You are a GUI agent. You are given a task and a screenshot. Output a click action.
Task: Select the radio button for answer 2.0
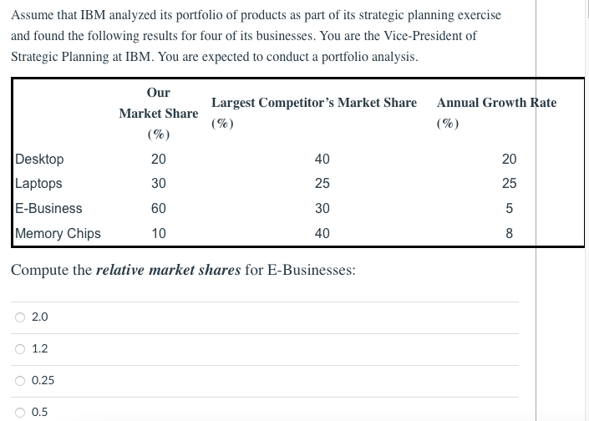[19, 317]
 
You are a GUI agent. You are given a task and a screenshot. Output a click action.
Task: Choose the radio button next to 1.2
[19, 348]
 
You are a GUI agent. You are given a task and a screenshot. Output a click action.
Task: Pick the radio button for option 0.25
[19, 380]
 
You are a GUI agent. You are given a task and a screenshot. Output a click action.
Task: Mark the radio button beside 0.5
[19, 412]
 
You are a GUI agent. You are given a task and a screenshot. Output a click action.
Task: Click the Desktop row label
[39, 159]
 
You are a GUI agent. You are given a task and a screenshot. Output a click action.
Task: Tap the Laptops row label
[38, 183]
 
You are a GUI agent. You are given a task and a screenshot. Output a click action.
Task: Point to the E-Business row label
[48, 208]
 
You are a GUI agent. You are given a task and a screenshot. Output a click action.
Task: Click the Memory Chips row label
[58, 233]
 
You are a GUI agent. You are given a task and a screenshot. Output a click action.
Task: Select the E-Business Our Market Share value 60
[158, 208]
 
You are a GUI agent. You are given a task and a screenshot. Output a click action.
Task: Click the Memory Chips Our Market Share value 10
[158, 233]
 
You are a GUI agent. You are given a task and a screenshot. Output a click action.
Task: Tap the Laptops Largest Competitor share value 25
[322, 183]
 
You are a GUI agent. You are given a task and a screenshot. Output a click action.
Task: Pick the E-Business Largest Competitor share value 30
[322, 208]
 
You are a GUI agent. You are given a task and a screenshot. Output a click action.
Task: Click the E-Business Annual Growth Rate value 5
[509, 208]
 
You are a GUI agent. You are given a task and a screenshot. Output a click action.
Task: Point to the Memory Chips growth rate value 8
[509, 233]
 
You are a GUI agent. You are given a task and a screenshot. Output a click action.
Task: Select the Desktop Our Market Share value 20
[158, 159]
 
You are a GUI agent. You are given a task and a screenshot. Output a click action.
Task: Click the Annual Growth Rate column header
[496, 103]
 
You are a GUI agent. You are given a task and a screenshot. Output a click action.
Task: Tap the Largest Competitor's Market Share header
[313, 103]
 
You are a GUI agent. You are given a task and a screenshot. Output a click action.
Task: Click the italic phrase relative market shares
[169, 271]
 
